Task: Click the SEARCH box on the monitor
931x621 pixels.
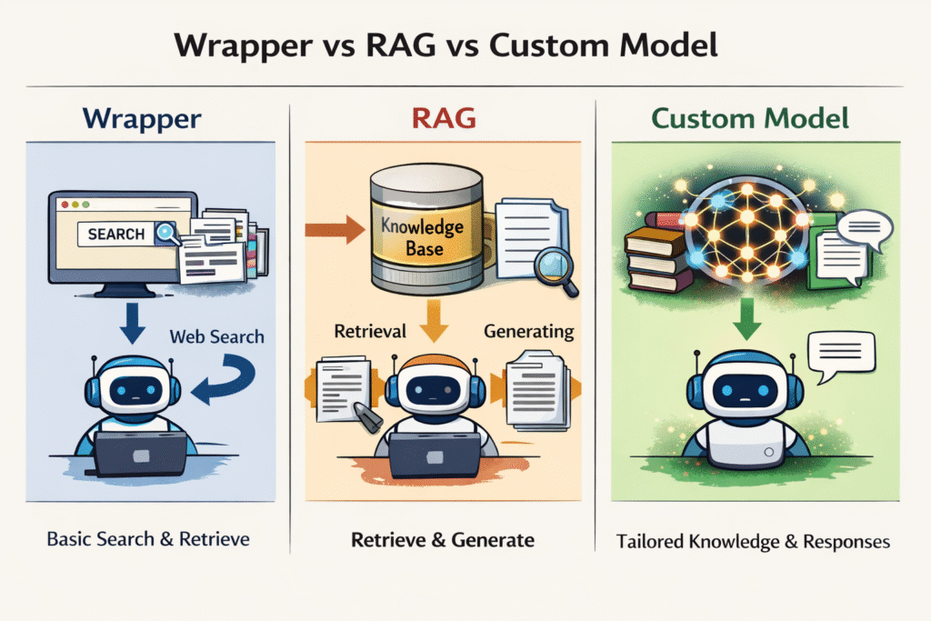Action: (116, 234)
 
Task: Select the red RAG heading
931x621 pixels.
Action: (442, 118)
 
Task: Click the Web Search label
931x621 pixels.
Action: (216, 336)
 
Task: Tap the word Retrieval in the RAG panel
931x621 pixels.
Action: (369, 331)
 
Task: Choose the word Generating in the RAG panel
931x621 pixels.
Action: (528, 331)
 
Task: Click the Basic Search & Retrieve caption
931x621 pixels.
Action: (148, 538)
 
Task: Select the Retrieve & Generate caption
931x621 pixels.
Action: (442, 540)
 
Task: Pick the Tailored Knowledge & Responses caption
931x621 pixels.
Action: (754, 541)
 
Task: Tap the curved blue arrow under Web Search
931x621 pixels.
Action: (227, 379)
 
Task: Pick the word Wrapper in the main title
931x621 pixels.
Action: (251, 46)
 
